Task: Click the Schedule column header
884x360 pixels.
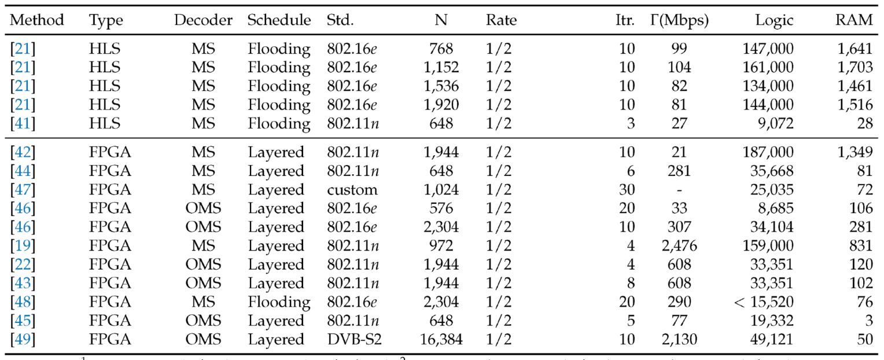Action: coord(279,21)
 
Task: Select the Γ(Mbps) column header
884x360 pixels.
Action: coord(679,21)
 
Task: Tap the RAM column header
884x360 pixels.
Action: coord(853,21)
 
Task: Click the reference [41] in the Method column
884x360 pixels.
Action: coord(23,124)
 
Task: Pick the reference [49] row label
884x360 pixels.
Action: coord(23,340)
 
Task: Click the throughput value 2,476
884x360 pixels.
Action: coord(679,246)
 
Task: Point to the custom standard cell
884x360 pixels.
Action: coord(352,190)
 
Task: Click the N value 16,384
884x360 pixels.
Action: coord(440,340)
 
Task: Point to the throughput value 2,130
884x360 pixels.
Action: coord(679,340)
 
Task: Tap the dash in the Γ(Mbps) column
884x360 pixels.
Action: coord(679,190)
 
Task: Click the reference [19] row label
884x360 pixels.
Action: coord(23,246)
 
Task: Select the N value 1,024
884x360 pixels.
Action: coord(441,190)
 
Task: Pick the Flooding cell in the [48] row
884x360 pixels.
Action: coord(279,302)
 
